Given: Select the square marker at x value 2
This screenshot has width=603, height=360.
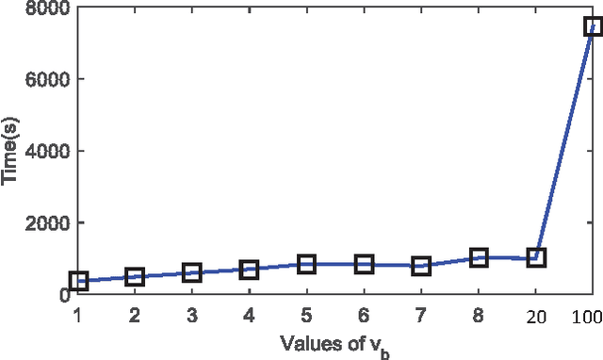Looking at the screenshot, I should (x=135, y=277).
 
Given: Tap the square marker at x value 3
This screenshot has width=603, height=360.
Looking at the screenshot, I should (x=192, y=273).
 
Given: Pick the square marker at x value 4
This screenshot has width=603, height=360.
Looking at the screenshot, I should (x=250, y=270).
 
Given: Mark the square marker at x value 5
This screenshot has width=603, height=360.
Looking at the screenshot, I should (x=306, y=264).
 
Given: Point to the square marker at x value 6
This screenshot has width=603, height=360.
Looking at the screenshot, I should (x=364, y=265).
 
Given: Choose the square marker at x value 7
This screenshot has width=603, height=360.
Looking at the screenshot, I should (x=421, y=266).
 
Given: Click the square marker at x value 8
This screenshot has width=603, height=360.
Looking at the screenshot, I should (x=479, y=257).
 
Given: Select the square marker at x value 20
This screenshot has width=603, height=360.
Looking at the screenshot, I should (x=536, y=257).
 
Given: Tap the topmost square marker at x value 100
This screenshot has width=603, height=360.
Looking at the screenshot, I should (x=593, y=26).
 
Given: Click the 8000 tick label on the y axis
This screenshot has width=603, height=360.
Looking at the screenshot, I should (x=42, y=8).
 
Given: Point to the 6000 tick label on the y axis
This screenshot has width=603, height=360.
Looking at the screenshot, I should (x=42, y=80).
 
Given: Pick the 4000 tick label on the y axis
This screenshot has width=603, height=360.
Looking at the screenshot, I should (x=42, y=152).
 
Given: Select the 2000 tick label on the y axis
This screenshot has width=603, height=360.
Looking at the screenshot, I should (x=42, y=223).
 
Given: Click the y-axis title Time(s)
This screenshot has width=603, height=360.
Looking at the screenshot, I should (x=12, y=151).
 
